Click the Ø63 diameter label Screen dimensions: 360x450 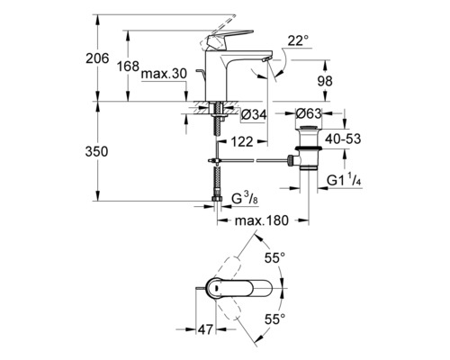(x=310, y=114)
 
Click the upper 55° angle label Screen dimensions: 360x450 (x=275, y=259)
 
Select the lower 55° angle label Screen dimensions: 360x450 (x=275, y=318)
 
